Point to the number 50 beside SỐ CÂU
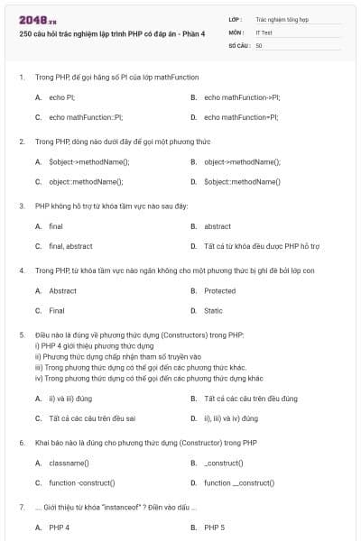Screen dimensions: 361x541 pyautogui.click(x=259, y=44)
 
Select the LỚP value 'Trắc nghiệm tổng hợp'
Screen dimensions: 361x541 pyautogui.click(x=282, y=18)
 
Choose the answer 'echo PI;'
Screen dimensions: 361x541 pyautogui.click(x=62, y=96)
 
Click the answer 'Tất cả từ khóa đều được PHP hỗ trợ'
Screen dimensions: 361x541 pyautogui.click(x=262, y=246)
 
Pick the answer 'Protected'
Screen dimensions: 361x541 pyautogui.click(x=219, y=291)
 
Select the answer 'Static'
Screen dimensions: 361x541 pyautogui.click(x=213, y=311)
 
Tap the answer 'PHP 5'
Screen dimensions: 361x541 pyautogui.click(x=215, y=527)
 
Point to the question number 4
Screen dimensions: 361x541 pyautogui.click(x=21, y=270)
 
